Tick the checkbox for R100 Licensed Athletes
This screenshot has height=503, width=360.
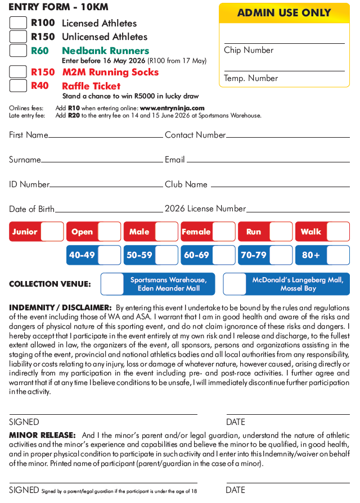pos(19,23)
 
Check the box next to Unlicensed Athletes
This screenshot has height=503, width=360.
pos(19,37)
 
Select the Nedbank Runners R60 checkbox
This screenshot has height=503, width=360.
pos(19,51)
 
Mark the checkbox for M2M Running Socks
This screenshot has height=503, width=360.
pos(19,72)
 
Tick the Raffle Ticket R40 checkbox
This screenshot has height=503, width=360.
pos(19,86)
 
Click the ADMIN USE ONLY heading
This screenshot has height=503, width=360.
pos(284,13)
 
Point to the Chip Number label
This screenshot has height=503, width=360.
pos(249,50)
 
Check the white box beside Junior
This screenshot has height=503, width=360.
pos(52,232)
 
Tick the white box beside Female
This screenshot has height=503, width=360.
pos(224,232)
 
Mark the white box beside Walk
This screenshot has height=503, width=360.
pos(338,232)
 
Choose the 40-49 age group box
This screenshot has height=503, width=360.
pos(109,255)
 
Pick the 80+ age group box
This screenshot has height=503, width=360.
pos(338,255)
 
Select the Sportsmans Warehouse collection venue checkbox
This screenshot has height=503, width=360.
pos(112,284)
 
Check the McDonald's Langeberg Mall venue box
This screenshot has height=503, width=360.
pos(235,284)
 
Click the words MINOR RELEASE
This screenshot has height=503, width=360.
pos(42,436)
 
